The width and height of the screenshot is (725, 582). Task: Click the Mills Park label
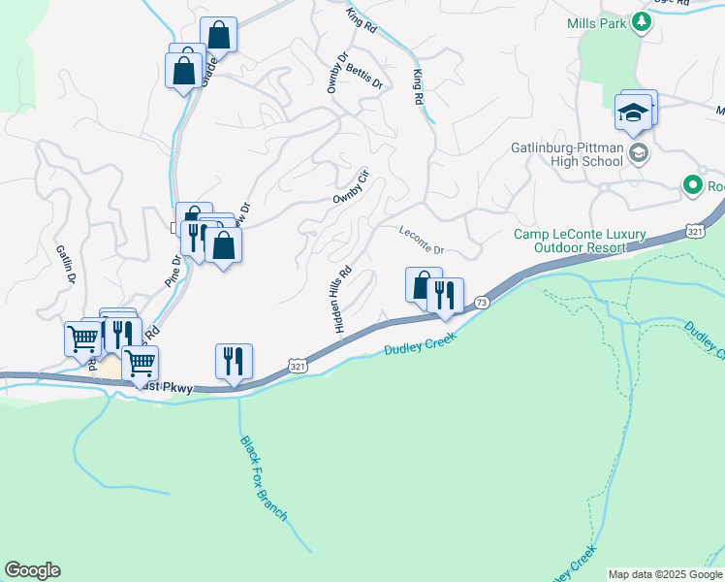pyautogui.click(x=598, y=23)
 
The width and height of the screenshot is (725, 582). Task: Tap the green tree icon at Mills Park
pyautogui.click(x=640, y=21)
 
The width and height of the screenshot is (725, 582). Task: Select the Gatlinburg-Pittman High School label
pyautogui.click(x=566, y=155)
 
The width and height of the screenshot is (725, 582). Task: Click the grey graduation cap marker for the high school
pyautogui.click(x=639, y=152)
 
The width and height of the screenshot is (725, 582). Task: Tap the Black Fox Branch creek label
pyautogui.click(x=264, y=477)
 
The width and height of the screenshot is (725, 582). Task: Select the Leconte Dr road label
pyautogui.click(x=421, y=237)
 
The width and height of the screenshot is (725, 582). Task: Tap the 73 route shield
pyautogui.click(x=482, y=304)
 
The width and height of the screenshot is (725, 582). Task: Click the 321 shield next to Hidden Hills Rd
pyautogui.click(x=298, y=365)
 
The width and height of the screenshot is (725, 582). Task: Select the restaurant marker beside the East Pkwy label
pyautogui.click(x=234, y=361)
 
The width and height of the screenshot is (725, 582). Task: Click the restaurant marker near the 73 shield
pyautogui.click(x=445, y=295)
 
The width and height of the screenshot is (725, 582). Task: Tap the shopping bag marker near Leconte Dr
pyautogui.click(x=423, y=284)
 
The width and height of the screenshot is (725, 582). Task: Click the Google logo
pyautogui.click(x=32, y=570)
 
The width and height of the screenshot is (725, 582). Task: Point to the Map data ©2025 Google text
pyautogui.click(x=664, y=574)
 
